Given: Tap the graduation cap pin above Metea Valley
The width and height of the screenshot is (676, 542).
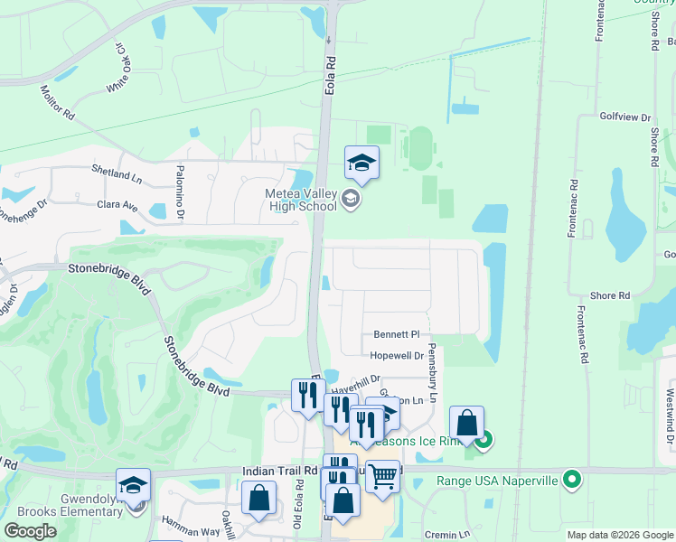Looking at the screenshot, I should pyautogui.click(x=361, y=164).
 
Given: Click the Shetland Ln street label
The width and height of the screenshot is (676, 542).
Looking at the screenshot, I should pyautogui.click(x=117, y=169).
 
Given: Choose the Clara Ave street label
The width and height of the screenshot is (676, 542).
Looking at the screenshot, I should pyautogui.click(x=117, y=205).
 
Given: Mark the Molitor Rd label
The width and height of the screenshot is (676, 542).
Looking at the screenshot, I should pyautogui.click(x=56, y=102).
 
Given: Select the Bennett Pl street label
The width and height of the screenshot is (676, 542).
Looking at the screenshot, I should pyautogui.click(x=391, y=334).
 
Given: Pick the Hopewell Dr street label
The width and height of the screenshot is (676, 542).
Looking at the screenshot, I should pyautogui.click(x=397, y=356).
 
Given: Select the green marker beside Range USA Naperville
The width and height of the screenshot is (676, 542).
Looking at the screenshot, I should pyautogui.click(x=571, y=479).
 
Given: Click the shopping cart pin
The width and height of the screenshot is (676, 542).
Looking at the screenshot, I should pyautogui.click(x=383, y=473).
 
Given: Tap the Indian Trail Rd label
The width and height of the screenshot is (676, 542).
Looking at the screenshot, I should pyautogui.click(x=280, y=471).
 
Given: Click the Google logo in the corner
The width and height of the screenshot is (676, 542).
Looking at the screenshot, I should pyautogui.click(x=30, y=531).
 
